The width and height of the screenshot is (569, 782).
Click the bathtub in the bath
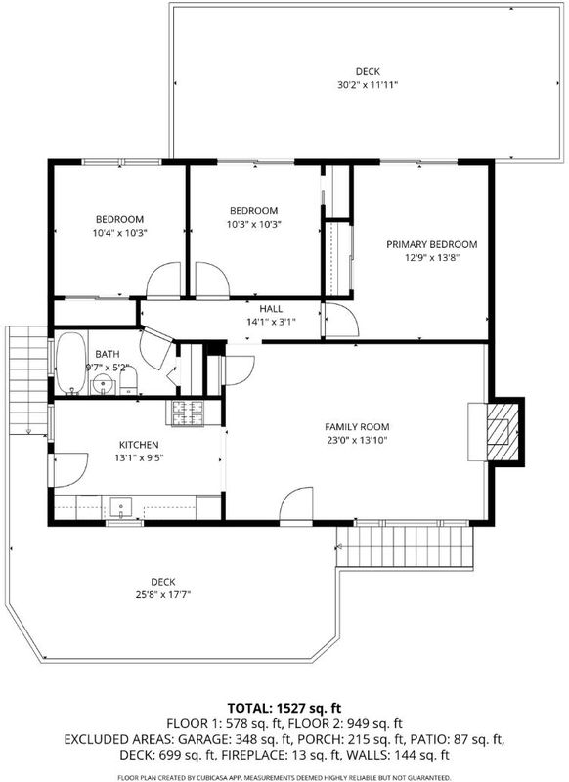[x=70, y=363]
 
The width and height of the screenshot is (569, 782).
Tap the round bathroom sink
[x=104, y=385]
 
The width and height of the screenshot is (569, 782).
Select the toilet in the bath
[x=128, y=381]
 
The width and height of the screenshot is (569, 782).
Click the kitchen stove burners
[x=188, y=413]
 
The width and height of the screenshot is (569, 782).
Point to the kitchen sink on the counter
[x=120, y=506]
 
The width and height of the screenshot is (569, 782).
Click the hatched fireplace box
[x=503, y=431]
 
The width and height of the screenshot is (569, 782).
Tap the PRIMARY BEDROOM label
[x=432, y=244]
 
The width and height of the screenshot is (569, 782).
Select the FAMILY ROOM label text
[x=357, y=427]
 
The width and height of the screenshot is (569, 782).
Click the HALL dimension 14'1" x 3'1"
[x=271, y=322]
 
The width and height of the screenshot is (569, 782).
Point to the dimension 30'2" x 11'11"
[x=368, y=85]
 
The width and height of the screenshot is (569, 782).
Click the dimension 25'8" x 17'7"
[x=163, y=594]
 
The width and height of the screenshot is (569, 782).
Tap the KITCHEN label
[x=139, y=445]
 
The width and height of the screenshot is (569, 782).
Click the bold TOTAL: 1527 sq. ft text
[x=284, y=708]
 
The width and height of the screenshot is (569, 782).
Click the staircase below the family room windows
[x=405, y=547]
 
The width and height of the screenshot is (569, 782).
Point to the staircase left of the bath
[x=28, y=380]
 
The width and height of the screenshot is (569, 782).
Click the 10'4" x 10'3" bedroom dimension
[x=119, y=233]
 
